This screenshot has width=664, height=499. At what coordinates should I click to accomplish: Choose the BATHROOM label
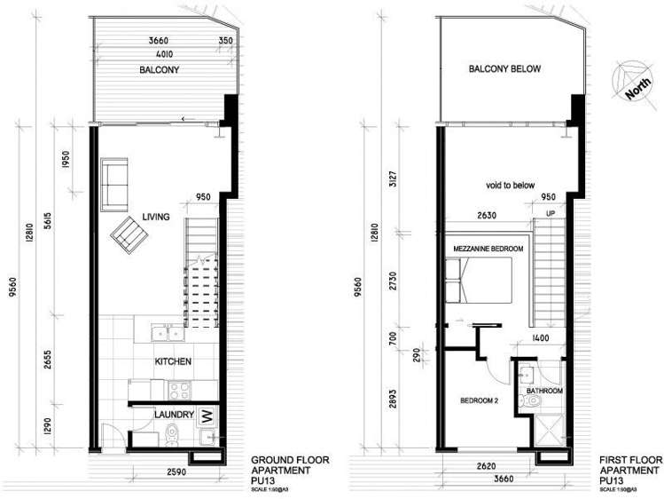pyautogui.click(x=544, y=390)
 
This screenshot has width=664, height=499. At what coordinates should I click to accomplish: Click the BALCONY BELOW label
pyautogui.click(x=504, y=68)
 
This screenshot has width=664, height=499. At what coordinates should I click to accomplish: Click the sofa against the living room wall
pyautogui.click(x=113, y=183)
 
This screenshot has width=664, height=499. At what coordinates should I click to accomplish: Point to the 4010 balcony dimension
pyautogui.click(x=161, y=52)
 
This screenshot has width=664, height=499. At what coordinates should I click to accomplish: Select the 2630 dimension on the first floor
pyautogui.click(x=484, y=214)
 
